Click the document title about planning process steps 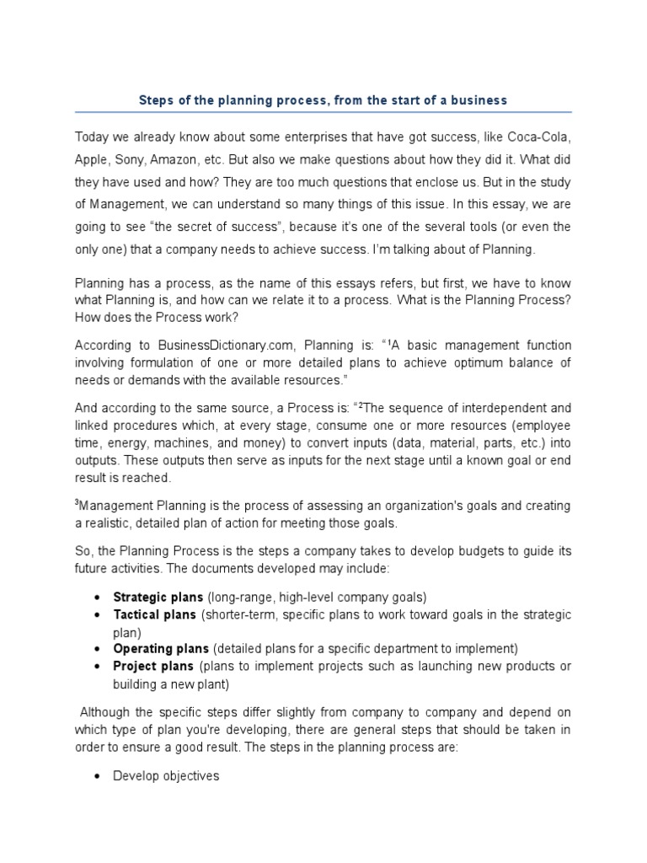323,100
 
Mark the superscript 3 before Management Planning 78,503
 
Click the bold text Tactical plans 154,615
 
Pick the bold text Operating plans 161,649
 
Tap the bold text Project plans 153,666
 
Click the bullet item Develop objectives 166,775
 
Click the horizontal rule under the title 323,112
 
